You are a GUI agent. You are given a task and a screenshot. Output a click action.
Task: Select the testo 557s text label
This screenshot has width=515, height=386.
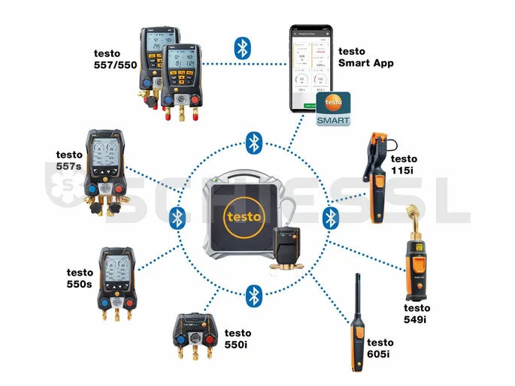coord(69,160)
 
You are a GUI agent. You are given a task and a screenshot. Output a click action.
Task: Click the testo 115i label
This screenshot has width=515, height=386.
coord(404,164)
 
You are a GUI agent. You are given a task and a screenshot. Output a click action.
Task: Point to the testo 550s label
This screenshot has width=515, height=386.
coord(80,278)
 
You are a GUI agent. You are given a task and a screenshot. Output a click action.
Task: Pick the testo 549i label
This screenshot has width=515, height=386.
coord(417,313)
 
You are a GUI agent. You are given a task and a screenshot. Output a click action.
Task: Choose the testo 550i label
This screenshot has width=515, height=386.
coord(238,339)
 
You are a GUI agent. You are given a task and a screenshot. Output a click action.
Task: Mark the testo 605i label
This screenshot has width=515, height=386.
coord(380,348)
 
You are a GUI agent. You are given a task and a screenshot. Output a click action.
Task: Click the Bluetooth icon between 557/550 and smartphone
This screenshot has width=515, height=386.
coord(242,49)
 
